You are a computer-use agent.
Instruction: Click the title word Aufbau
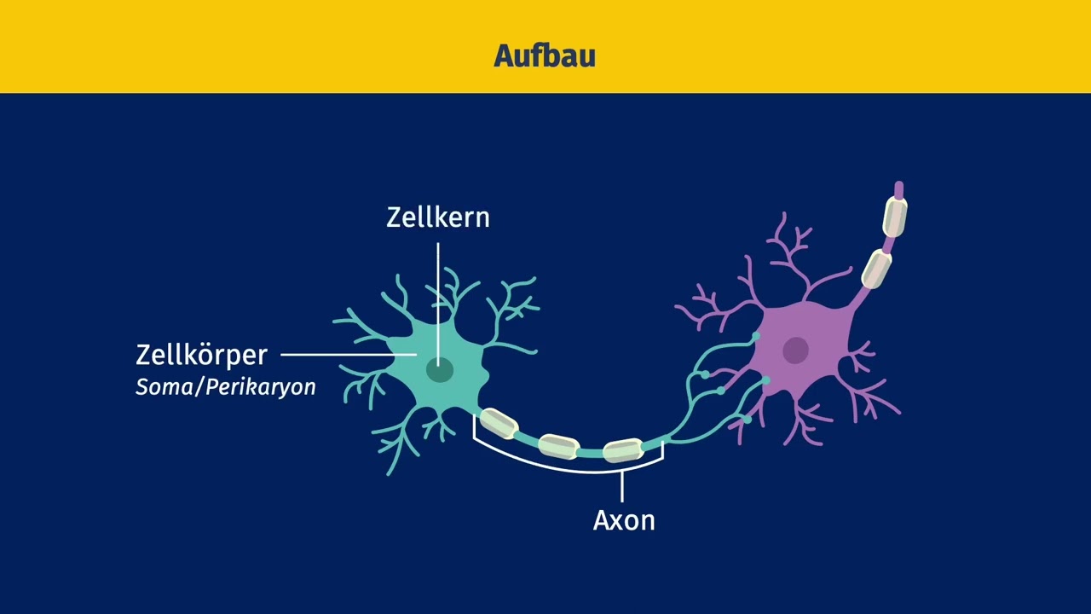point(545,55)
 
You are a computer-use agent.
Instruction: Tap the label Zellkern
point(438,217)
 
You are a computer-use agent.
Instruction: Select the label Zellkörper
point(202,356)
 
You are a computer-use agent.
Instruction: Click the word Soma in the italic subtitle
point(164,387)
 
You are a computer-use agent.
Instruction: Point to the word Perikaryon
point(261,388)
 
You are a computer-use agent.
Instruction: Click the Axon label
point(624,520)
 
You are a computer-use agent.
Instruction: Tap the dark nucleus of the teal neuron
point(440,370)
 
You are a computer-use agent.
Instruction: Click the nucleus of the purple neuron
point(796,350)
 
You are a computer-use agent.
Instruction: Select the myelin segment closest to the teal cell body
point(499,423)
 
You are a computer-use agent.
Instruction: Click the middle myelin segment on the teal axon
point(559,446)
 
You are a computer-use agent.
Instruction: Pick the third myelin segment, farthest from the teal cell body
point(624,450)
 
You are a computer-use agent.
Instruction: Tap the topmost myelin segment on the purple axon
point(895,217)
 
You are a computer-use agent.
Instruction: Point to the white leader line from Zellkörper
point(349,355)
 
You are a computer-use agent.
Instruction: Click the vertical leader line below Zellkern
point(438,304)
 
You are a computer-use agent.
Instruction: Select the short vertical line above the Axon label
point(622,487)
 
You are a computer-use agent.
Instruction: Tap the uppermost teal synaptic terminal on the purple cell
point(756,336)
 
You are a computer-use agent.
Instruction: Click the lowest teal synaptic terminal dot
point(748,419)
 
